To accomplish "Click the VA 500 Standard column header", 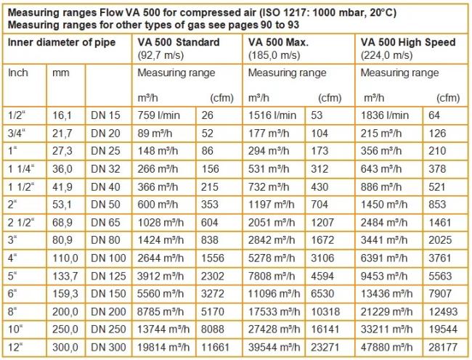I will tap(178, 43).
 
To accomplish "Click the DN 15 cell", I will tap(106, 115).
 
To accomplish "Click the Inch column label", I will tap(19, 73).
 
